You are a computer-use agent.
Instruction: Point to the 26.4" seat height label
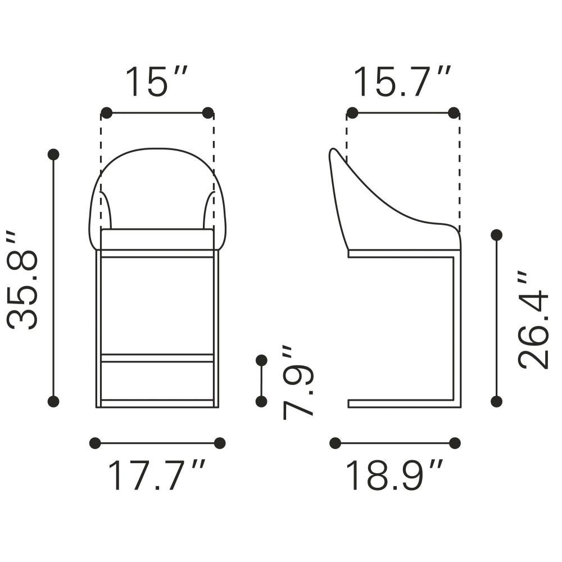534,320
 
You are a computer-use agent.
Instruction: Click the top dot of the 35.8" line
53,155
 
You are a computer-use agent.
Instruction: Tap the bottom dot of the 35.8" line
53,401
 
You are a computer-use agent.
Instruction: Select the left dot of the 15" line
106,113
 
